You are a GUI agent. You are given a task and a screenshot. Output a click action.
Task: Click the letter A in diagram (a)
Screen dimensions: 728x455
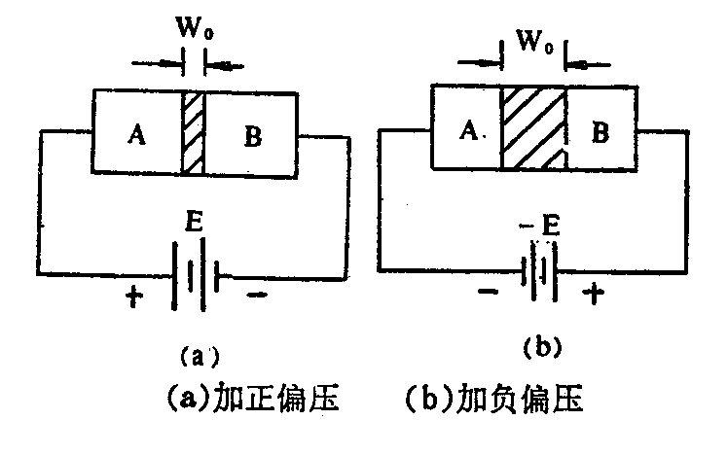pos(137,134)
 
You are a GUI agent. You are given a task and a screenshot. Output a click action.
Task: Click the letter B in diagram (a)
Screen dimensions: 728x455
pos(253,136)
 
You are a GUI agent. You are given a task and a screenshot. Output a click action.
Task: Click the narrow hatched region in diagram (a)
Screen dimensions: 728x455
pos(193,133)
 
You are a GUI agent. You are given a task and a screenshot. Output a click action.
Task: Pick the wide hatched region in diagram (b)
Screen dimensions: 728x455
pos(534,128)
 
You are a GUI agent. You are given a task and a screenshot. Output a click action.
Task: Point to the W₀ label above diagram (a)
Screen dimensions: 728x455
pos(195,28)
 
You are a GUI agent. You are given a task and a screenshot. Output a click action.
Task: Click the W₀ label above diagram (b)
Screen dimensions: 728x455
pos(535,41)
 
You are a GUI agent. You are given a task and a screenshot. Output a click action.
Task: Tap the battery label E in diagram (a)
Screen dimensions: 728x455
pos(194,221)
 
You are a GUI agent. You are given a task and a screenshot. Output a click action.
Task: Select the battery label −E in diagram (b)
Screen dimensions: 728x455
pos(540,226)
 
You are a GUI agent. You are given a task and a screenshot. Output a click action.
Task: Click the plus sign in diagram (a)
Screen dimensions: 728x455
pos(134,297)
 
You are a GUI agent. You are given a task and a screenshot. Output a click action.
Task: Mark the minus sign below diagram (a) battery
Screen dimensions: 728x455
pos(257,295)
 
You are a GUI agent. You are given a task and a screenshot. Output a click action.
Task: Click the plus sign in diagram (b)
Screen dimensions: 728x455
pos(594,294)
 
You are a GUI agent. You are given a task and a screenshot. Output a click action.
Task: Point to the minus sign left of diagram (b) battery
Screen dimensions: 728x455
pos(488,292)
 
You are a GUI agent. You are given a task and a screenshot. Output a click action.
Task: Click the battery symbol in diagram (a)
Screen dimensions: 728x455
pos(196,274)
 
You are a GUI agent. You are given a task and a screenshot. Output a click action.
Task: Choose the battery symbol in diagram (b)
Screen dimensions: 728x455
pos(539,271)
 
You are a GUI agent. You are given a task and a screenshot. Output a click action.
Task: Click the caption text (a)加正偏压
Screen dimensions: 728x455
pos(252,397)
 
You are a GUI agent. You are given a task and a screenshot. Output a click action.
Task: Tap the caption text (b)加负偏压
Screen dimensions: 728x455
pos(493,397)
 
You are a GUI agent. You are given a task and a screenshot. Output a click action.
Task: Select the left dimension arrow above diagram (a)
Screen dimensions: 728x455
pos(156,63)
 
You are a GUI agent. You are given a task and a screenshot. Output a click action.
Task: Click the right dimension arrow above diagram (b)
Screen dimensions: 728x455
pos(588,64)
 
